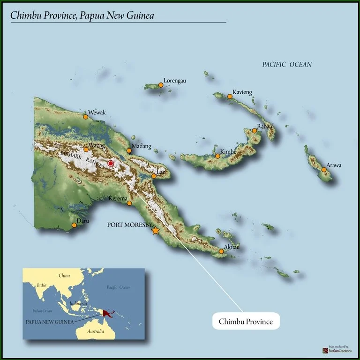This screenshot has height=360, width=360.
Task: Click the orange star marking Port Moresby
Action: click(x=156, y=231)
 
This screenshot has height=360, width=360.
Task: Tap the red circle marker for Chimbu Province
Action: click(x=111, y=163)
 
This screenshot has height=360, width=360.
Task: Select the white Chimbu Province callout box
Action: click(x=245, y=322)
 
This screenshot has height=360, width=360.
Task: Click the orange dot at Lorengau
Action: click(x=161, y=85)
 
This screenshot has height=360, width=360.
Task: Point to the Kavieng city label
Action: click(x=242, y=93)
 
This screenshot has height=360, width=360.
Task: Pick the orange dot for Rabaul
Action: click(x=255, y=130)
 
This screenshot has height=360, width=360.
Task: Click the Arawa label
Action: click(x=334, y=165)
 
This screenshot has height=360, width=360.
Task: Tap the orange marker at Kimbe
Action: click(x=217, y=156)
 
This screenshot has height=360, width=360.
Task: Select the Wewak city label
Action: click(x=97, y=112)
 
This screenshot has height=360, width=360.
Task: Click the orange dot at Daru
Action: click(x=74, y=225)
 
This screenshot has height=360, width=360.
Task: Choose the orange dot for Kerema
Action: click(x=129, y=203)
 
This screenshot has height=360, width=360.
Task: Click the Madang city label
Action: click(x=141, y=146)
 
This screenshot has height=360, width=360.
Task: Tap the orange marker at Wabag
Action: click(x=86, y=150)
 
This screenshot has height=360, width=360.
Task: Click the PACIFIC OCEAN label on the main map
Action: click(x=287, y=64)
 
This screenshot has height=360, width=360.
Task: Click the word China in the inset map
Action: click(x=64, y=276)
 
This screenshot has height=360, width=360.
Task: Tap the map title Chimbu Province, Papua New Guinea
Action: click(x=82, y=15)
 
